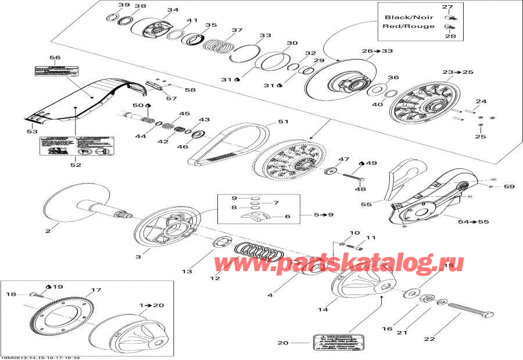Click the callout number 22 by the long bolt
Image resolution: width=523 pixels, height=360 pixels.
(x=446, y=340)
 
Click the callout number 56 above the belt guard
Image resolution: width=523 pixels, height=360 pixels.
(x=55, y=57)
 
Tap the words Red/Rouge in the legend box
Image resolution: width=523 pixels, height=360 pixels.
(x=409, y=26)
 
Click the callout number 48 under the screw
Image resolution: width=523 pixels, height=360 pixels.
(x=360, y=188)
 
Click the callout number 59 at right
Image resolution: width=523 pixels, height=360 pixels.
(x=509, y=186)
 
